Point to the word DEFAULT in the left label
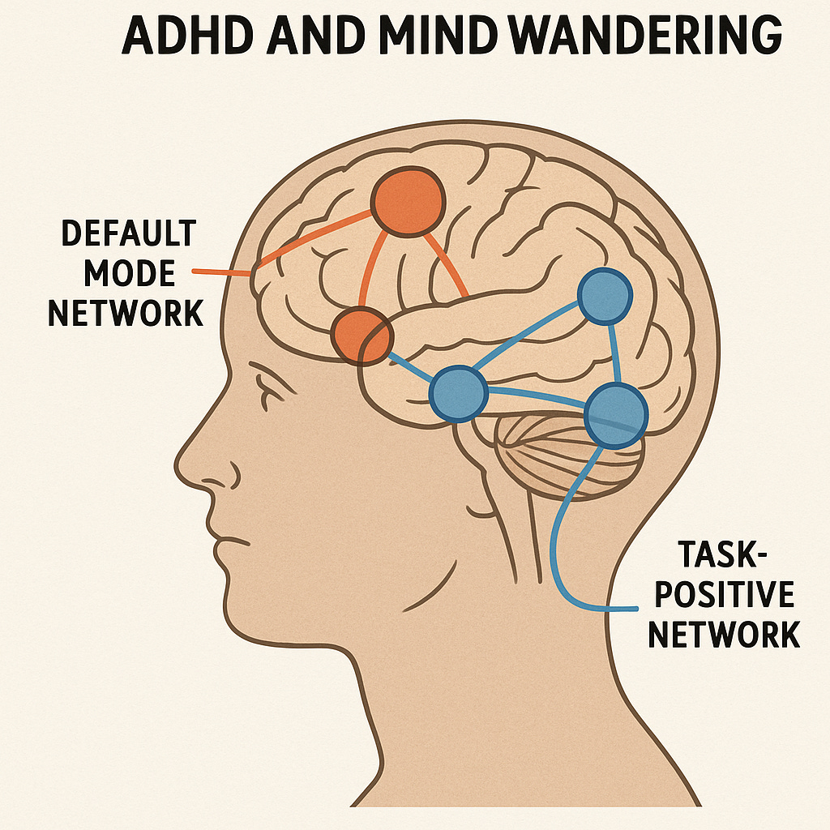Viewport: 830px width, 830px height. click(129, 234)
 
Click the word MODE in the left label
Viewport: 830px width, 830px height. click(129, 273)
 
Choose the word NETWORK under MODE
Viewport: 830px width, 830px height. click(126, 313)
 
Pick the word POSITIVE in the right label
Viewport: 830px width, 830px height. click(724, 596)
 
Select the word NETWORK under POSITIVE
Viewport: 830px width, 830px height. click(724, 635)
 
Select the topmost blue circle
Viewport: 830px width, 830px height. click(604, 297)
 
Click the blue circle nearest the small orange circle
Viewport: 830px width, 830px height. click(459, 392)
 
